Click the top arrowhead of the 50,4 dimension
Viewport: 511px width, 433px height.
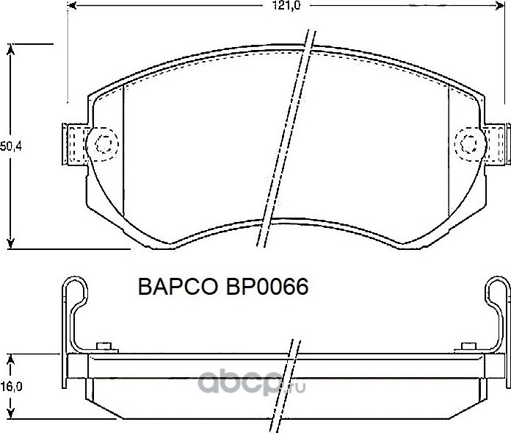(11, 49)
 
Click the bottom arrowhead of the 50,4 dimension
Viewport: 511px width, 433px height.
(11, 243)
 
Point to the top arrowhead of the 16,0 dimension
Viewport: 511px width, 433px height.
(11, 358)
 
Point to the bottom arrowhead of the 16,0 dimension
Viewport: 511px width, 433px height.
(11, 415)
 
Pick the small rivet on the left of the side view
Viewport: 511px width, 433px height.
(104, 347)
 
